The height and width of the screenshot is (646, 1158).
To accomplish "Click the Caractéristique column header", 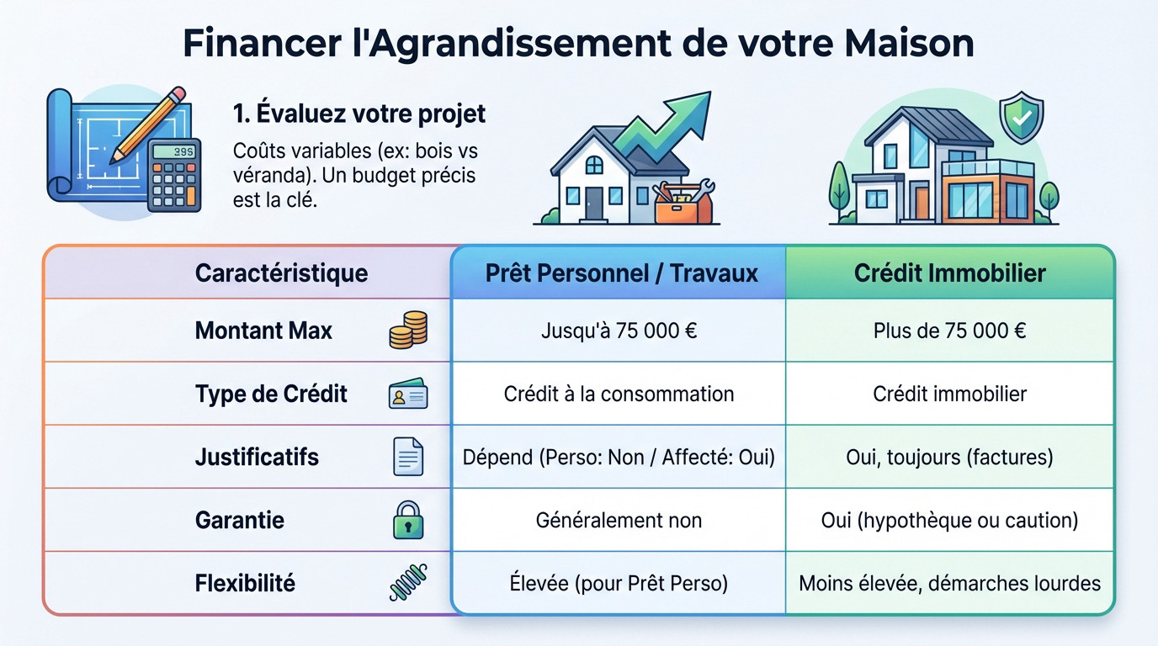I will tap(281, 273).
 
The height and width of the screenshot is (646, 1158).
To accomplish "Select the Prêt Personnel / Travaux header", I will tap(621, 273).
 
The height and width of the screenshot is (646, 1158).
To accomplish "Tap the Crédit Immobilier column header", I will tap(949, 273).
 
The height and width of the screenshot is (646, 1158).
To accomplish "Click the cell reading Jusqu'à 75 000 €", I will tap(619, 331).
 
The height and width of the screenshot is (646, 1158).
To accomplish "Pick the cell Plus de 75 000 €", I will tap(949, 331).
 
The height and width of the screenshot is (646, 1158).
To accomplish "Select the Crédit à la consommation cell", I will tap(619, 394).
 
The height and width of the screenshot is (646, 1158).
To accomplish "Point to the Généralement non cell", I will tap(619, 520).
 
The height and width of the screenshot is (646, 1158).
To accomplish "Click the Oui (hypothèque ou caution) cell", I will tap(949, 520).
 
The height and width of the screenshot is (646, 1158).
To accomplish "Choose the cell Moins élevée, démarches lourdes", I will tap(949, 583).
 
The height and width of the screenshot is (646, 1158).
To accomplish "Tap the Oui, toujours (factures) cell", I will tap(949, 457).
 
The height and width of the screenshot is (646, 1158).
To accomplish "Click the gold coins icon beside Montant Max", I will tap(408, 330).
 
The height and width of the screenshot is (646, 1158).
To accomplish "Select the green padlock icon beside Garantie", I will tap(408, 520).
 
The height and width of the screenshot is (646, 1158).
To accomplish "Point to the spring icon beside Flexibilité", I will tap(408, 582).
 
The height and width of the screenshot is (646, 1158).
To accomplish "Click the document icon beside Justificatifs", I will tap(408, 457).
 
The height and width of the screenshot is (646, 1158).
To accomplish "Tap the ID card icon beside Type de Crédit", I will tap(408, 394).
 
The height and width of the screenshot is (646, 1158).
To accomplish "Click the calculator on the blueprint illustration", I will tap(173, 175).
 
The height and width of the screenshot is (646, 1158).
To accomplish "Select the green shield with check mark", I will tap(1021, 119).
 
